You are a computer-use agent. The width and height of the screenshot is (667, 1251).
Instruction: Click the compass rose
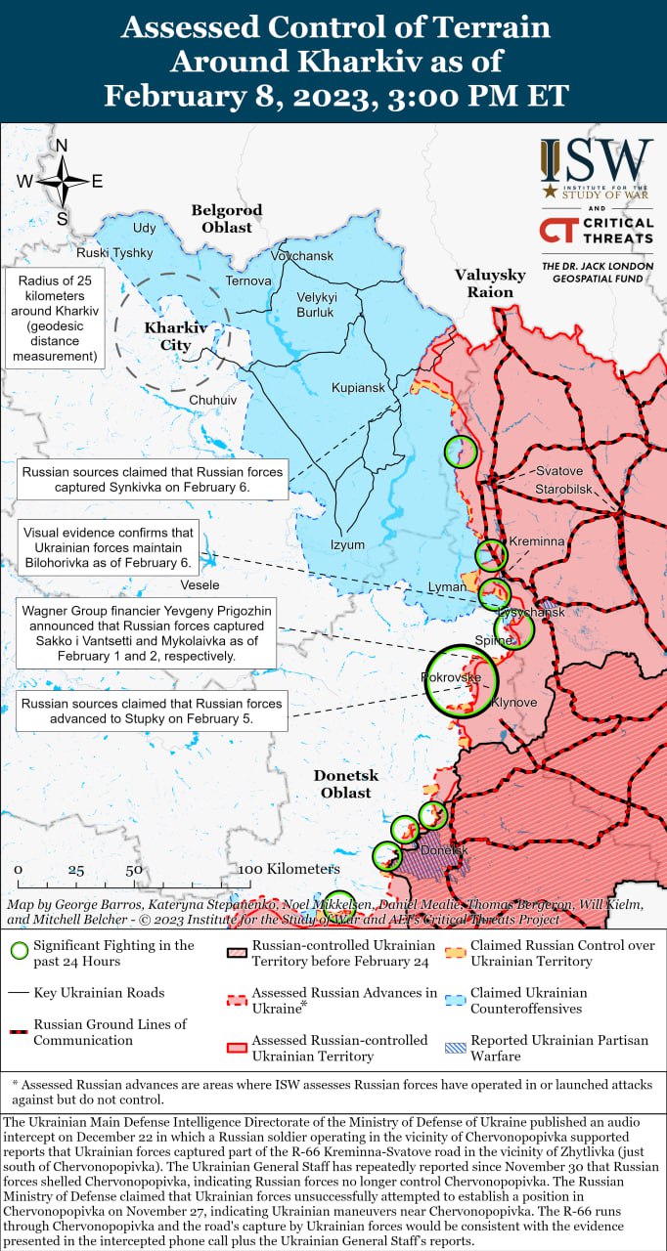point(61,181)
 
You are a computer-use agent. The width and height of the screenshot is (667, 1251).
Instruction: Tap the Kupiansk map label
point(358,388)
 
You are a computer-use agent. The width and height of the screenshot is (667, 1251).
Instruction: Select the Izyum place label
point(347,544)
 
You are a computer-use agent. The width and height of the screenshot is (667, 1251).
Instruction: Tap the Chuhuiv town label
point(212,400)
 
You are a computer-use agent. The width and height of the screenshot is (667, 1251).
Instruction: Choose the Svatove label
point(558,471)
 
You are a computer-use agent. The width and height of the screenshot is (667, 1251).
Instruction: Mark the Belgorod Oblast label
point(227,218)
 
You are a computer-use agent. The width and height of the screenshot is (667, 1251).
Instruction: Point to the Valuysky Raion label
point(490,283)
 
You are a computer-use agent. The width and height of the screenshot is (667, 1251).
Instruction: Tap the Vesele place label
point(200,584)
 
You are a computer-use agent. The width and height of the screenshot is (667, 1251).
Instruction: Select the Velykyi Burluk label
point(316,305)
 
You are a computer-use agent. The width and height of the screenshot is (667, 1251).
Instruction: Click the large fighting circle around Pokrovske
point(462,681)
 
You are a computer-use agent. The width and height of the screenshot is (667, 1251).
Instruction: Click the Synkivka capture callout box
point(152,479)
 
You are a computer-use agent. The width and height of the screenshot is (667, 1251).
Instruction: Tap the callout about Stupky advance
point(152,711)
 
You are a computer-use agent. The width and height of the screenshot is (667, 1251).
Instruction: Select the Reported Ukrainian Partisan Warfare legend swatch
point(457,1047)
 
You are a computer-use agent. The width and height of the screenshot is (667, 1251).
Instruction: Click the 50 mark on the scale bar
point(134,869)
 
